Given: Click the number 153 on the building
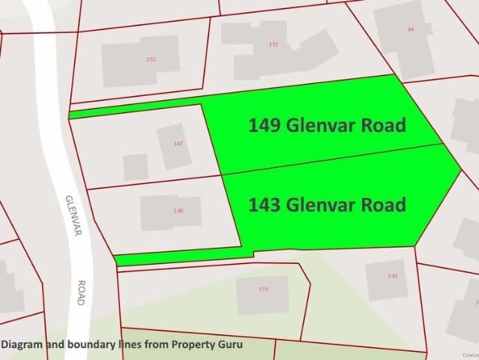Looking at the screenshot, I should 151,58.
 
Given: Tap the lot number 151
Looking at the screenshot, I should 274,44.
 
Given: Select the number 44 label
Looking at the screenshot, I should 410,28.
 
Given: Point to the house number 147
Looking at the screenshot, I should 178,143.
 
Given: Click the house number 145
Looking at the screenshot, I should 178,211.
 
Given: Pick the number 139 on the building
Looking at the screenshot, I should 262,289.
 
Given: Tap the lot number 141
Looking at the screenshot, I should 393,276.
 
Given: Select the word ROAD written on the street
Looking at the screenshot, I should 81,292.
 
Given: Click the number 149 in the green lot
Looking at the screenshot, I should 264,125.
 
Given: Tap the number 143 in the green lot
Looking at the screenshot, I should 264,204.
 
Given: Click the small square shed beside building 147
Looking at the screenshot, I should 136,166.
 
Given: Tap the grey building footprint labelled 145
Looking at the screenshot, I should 161,214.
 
